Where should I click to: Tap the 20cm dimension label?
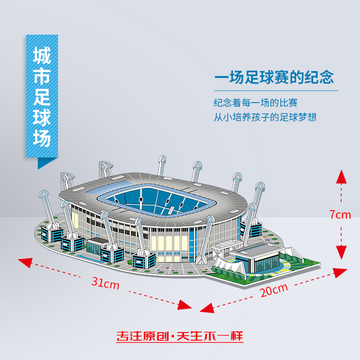274,290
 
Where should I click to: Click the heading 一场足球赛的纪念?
274,77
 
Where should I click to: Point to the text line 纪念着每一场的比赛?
256,103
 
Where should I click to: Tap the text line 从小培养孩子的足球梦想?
265,117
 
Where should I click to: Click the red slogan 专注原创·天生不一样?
180,337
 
